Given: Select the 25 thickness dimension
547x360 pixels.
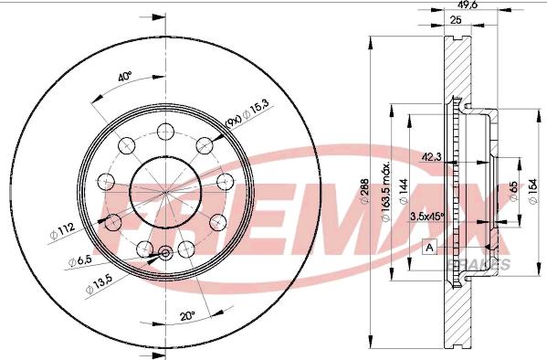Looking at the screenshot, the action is pos(456,20).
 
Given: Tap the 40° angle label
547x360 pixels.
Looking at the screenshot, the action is pos(124,77).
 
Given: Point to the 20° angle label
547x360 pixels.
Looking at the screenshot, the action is pos(187,317).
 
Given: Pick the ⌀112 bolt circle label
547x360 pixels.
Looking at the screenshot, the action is pos(62,232).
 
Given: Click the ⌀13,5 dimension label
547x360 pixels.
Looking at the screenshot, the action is pos(99,284).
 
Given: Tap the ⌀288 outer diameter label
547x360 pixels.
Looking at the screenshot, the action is pos(364,191).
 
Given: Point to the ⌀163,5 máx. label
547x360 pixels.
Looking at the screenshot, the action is pos(385,192).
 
